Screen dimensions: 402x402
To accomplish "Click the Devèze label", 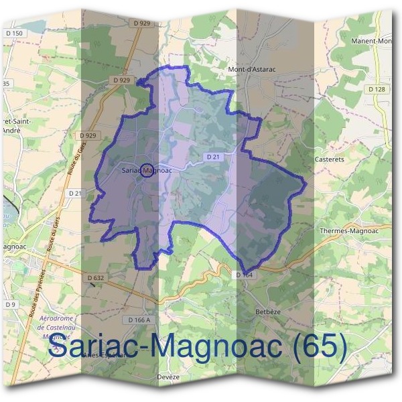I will pyautogui.click(x=169, y=377).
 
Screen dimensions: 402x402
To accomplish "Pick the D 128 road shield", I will pyautogui.click(x=377, y=89).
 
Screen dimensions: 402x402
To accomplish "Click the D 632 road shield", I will pyautogui.click(x=96, y=277).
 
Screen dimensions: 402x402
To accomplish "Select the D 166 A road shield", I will pyautogui.click(x=138, y=320).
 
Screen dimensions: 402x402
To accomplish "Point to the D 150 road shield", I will pyautogui.click(x=14, y=33).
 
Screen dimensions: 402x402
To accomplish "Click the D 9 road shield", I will pyautogui.click(x=10, y=305).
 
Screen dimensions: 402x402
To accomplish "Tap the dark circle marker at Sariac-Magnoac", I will pyautogui.click(x=149, y=170).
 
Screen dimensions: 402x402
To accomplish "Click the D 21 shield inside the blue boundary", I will pyautogui.click(x=213, y=156).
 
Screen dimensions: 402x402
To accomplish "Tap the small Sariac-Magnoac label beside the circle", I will pyautogui.click(x=147, y=170).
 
